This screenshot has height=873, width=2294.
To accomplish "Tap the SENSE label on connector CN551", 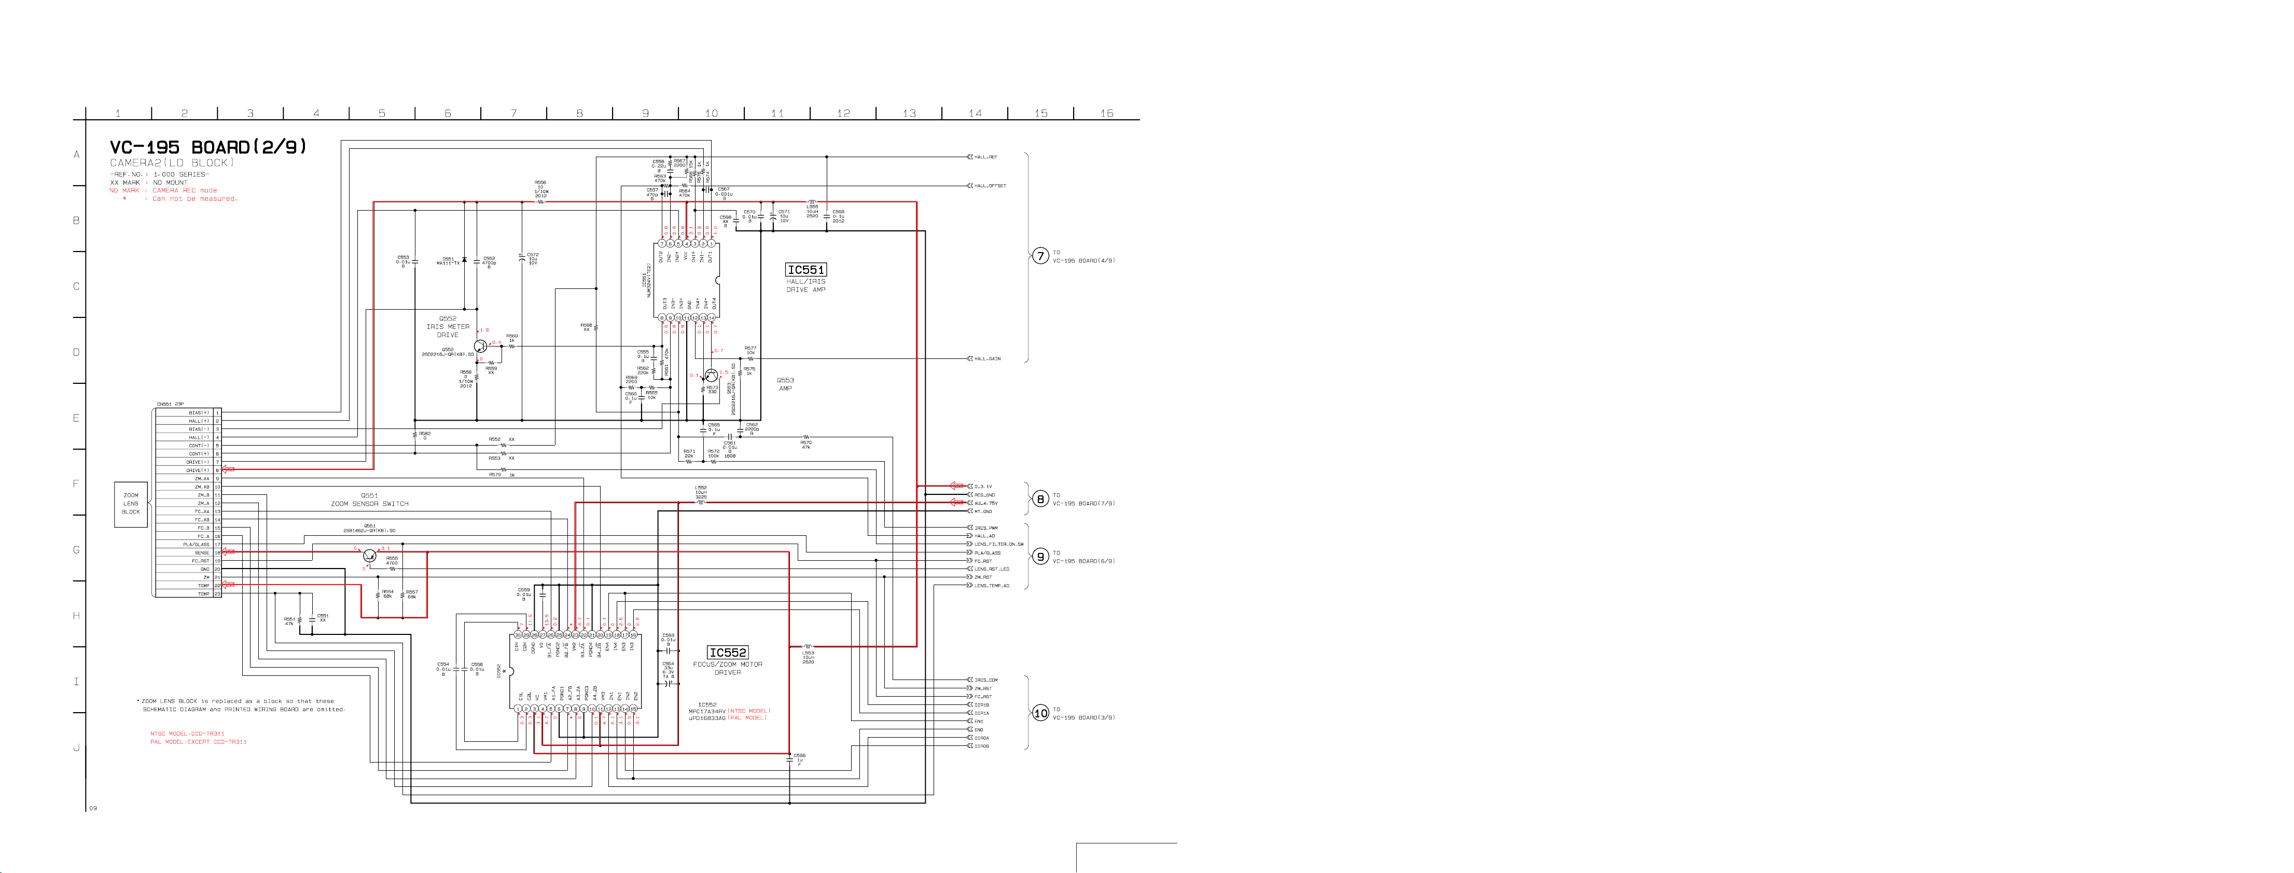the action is [202, 553].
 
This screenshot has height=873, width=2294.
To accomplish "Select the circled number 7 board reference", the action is [1039, 257].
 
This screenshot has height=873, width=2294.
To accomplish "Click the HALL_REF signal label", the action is [986, 157].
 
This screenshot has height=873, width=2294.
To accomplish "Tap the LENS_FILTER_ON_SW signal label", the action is [998, 544].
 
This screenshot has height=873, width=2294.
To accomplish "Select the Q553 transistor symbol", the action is [711, 376].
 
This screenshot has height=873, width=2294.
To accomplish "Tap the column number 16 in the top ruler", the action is [1106, 113].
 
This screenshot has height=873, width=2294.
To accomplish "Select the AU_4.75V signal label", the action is [986, 503].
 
